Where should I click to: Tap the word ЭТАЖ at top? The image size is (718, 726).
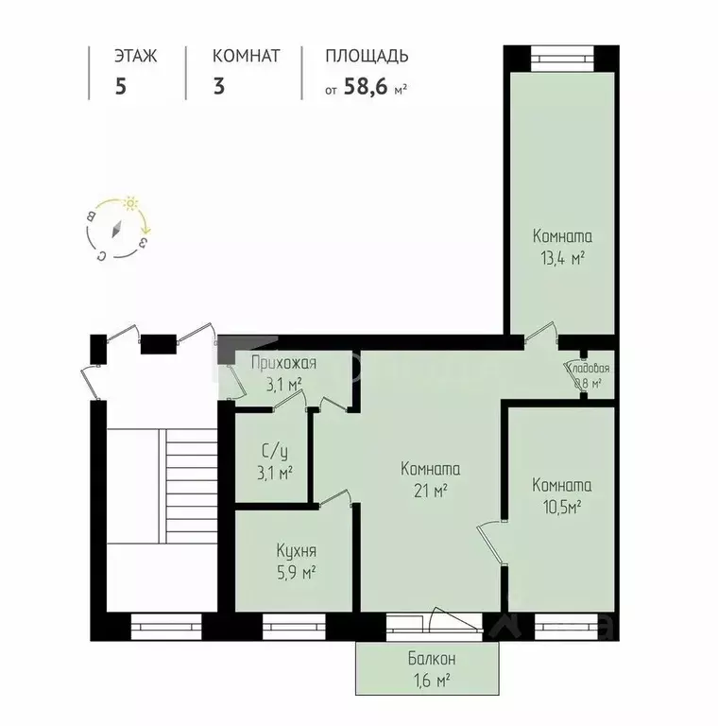click(135, 56)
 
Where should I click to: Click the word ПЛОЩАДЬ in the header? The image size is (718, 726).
click(367, 56)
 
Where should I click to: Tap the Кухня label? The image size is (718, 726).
click(296, 551)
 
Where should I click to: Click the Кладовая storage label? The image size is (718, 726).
click(587, 369)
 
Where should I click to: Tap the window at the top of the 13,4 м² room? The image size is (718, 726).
click(561, 56)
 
